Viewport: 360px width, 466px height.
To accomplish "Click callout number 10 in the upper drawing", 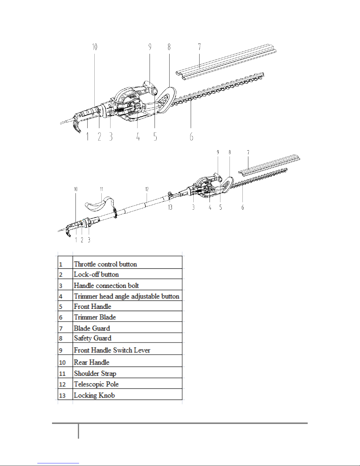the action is [x=95, y=47].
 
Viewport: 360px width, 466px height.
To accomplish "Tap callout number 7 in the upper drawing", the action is [x=200, y=47].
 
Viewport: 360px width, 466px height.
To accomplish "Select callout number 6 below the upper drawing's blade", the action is [x=191, y=136].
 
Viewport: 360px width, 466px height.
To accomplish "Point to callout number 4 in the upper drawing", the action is [x=138, y=136].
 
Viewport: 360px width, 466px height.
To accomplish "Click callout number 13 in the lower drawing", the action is [x=170, y=207].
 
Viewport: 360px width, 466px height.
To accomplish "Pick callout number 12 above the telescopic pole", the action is [x=147, y=189].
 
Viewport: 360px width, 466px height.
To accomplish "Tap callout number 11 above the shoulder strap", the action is [x=102, y=189].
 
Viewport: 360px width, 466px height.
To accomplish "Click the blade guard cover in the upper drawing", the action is [x=226, y=62].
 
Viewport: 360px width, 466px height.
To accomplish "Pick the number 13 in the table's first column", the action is [x=62, y=395].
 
